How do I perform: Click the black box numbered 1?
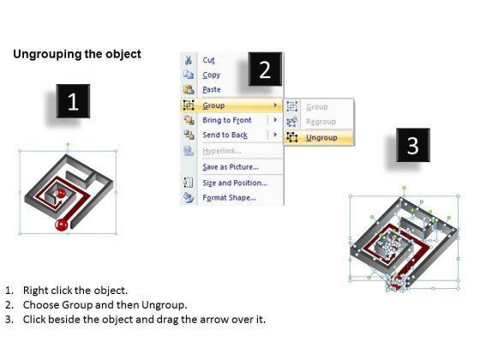point(73,101)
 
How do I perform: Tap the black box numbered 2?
point(265,69)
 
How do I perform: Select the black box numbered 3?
point(413,145)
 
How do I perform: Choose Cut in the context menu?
point(209,60)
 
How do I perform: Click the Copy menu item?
point(211,75)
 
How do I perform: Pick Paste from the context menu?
point(212,89)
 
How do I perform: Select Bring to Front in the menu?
point(227,120)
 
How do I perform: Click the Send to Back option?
point(225,135)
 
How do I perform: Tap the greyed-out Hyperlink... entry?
point(222,151)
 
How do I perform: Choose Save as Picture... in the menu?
point(231,167)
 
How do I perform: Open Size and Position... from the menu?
point(235,183)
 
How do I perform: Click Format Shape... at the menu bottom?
point(230,197)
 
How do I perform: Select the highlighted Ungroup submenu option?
point(321,138)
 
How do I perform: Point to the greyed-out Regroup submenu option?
point(321,122)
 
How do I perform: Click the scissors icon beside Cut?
point(189,60)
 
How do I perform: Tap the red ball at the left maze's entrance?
point(61,225)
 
